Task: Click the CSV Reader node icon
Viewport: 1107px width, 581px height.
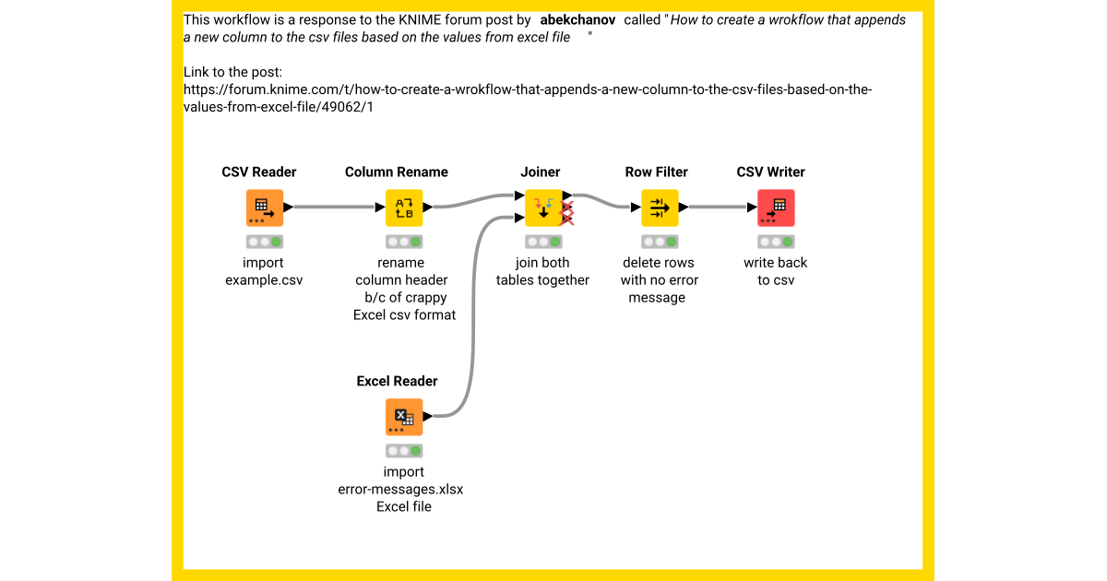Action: [x=264, y=207]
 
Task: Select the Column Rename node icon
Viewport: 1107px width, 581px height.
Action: [x=404, y=207]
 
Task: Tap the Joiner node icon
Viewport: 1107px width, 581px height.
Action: [x=543, y=207]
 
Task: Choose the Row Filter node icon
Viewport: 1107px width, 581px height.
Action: [x=660, y=207]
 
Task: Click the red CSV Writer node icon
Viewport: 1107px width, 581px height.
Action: [x=776, y=207]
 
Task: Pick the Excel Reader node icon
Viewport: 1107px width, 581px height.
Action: [x=404, y=417]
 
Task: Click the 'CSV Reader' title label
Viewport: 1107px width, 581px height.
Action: [x=259, y=172]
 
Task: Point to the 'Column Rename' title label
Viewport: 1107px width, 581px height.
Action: [x=397, y=172]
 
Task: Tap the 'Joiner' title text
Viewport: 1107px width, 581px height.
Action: [x=540, y=172]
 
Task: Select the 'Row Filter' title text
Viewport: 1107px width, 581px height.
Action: [x=657, y=172]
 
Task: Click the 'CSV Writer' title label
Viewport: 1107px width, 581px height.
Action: [x=770, y=172]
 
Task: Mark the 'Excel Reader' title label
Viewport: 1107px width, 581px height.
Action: [x=397, y=382]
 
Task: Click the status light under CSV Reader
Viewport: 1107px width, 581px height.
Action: [x=265, y=242]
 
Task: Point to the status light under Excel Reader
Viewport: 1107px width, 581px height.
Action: [x=404, y=451]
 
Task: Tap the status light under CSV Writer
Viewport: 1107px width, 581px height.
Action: [x=776, y=242]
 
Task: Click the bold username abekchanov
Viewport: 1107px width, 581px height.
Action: [x=577, y=20]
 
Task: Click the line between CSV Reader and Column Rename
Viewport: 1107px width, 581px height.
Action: [x=334, y=207]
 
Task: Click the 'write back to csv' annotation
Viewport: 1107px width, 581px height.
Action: [x=776, y=271]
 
